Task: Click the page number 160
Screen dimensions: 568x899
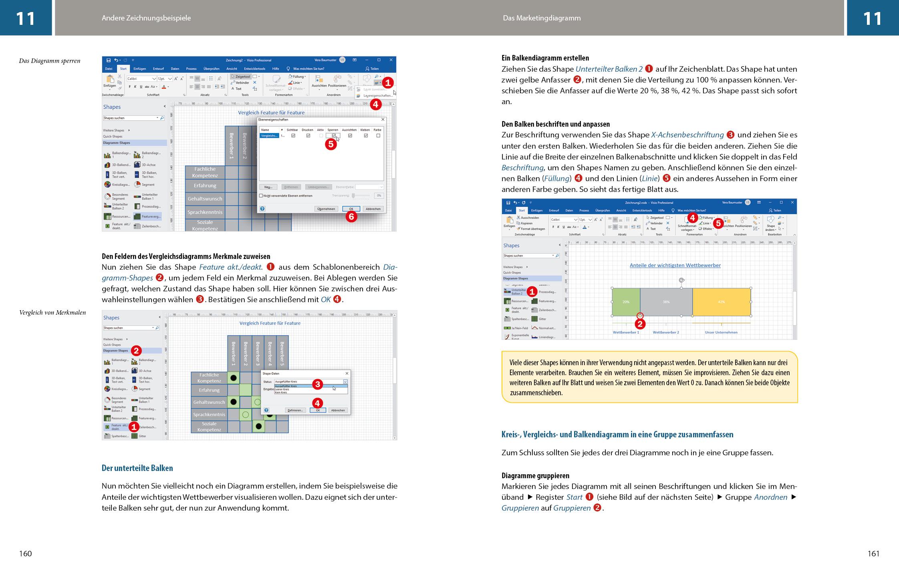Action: [25, 554]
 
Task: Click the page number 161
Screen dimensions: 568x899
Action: [873, 554]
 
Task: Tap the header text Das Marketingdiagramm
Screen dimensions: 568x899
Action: [542, 18]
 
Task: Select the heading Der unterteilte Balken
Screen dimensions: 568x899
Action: [137, 468]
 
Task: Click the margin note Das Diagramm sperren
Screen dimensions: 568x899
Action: [50, 61]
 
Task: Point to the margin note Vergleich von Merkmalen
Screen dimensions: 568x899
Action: [52, 313]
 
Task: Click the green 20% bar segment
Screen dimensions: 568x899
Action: [626, 302]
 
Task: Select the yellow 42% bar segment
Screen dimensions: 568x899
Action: [721, 302]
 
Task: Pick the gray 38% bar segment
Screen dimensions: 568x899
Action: [666, 302]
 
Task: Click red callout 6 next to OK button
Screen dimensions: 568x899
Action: [351, 217]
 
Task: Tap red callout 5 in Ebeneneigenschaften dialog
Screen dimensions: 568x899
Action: [331, 144]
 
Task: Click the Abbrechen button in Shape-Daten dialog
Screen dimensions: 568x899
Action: [338, 410]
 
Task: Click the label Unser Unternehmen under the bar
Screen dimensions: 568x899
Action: [721, 332]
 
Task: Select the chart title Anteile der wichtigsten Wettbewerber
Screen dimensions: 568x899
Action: [675, 265]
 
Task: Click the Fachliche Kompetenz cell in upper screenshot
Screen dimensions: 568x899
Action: [205, 172]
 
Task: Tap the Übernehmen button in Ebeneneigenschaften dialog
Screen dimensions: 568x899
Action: [326, 209]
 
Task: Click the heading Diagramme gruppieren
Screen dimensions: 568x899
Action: [535, 476]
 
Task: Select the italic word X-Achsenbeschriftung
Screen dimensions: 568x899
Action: [687, 135]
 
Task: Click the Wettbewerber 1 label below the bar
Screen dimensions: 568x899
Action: [626, 332]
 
